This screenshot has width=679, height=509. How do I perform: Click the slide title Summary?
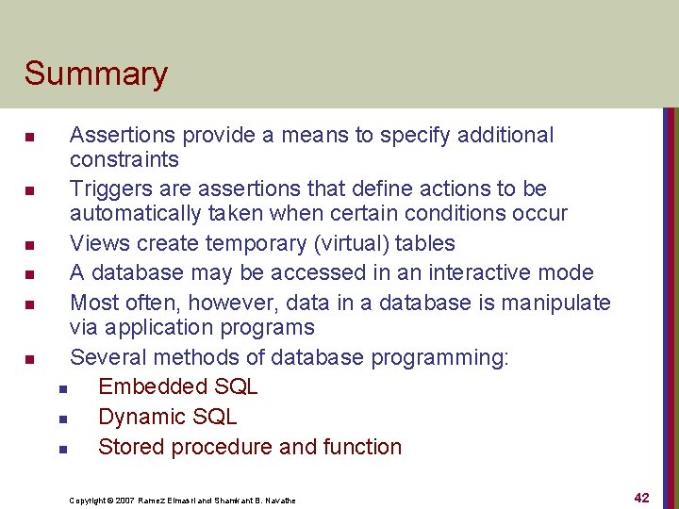coord(95,74)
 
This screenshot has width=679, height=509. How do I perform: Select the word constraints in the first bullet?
coord(124,159)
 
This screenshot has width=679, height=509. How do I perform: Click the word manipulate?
coord(555,303)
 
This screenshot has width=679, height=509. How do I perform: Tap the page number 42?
coord(641,498)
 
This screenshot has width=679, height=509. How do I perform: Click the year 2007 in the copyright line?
coord(124,501)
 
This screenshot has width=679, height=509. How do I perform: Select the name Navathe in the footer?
coord(277,501)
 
